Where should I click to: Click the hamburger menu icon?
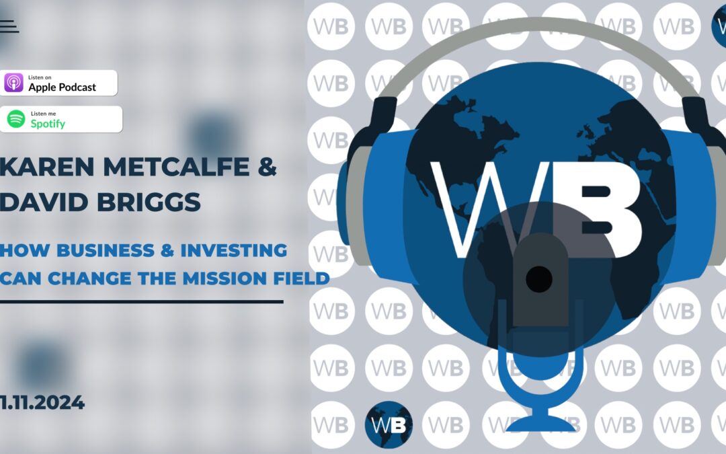(9, 26)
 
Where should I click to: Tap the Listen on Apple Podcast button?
(58, 83)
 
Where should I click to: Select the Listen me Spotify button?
(61, 119)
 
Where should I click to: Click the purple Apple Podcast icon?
(14, 83)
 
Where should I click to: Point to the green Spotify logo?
(16, 119)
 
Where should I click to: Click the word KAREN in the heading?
(47, 167)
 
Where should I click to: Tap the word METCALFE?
(176, 167)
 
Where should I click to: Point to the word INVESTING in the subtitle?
(234, 250)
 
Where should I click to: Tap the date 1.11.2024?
(42, 402)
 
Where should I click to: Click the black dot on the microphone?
(539, 279)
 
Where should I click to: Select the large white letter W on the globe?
(481, 209)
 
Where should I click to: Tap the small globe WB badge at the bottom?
(389, 424)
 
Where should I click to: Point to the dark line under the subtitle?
(142, 301)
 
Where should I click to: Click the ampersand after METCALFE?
(267, 167)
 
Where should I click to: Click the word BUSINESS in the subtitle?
(106, 250)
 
